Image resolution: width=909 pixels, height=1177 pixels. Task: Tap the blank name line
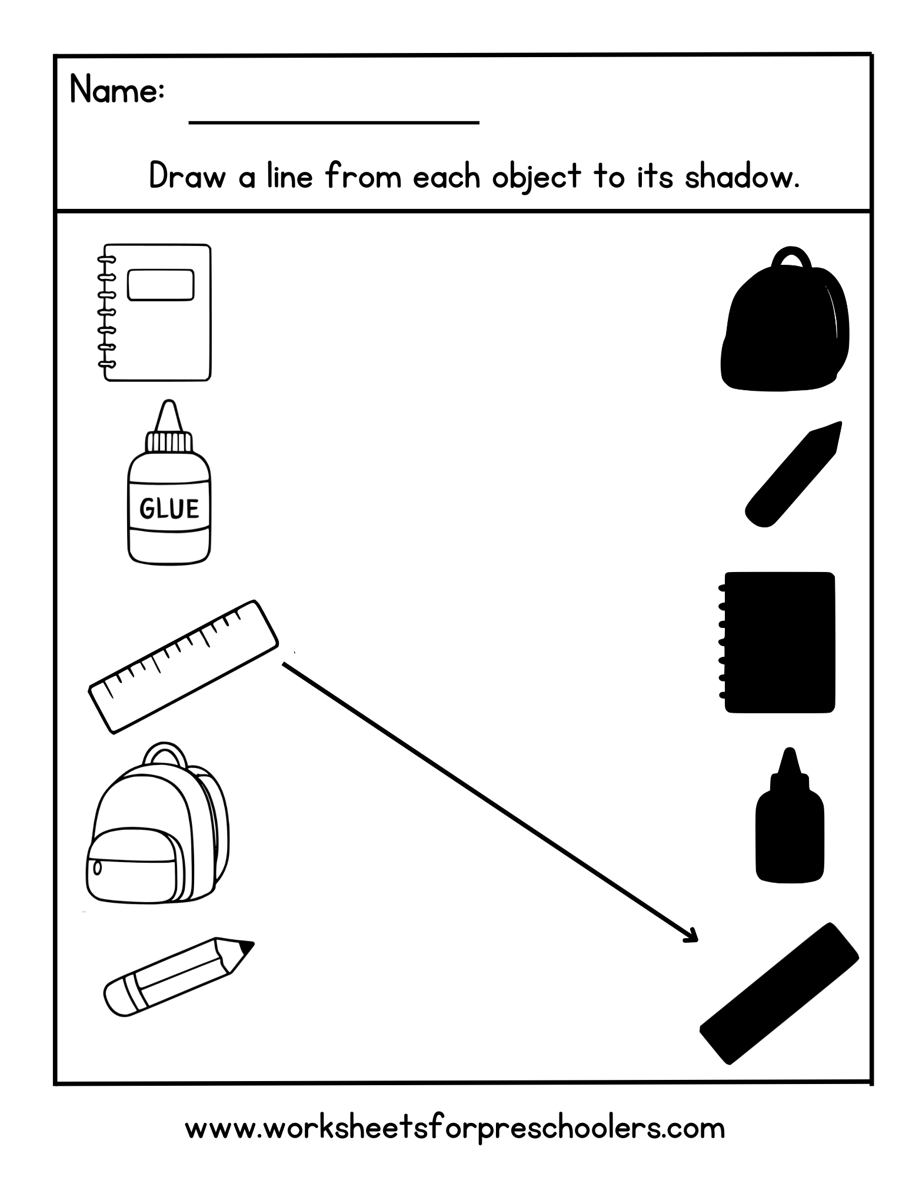pos(333,122)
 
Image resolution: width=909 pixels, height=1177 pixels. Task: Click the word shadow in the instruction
pos(741,176)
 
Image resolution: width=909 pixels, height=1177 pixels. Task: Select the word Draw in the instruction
pos(187,176)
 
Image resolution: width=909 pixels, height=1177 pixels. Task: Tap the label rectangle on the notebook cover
pos(161,285)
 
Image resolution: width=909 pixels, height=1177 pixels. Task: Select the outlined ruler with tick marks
pos(183,667)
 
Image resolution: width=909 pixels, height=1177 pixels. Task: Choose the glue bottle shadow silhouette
pos(789,824)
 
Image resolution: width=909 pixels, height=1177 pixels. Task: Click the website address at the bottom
pos(454,1128)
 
